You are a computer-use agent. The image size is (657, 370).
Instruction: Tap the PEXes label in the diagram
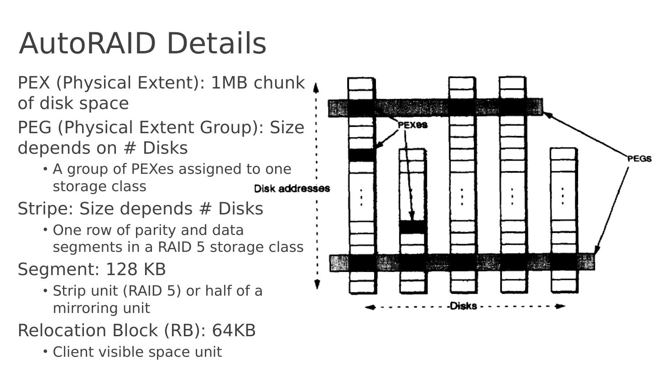click(412, 125)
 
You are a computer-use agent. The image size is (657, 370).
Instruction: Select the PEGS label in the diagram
click(639, 159)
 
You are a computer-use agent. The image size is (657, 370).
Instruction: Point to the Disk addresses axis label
click(292, 188)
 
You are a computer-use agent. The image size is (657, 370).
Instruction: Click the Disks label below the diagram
click(463, 306)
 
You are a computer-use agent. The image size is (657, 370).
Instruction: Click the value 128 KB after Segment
click(136, 269)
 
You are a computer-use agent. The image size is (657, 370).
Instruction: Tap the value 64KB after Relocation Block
click(234, 330)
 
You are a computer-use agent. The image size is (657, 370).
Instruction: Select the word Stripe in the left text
click(42, 208)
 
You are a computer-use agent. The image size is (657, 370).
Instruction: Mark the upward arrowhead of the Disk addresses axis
click(316, 86)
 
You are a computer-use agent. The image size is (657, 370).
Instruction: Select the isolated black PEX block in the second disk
click(413, 227)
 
